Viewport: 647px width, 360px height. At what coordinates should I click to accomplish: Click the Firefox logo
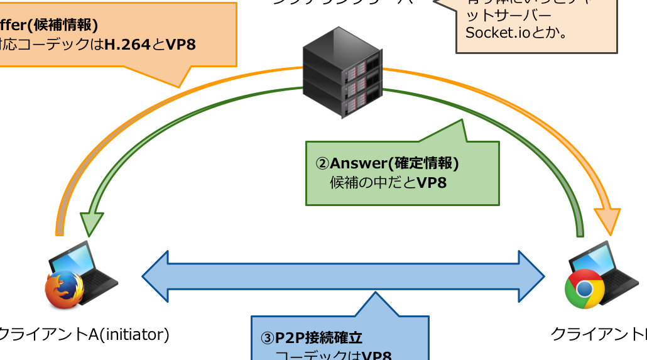pos(64,290)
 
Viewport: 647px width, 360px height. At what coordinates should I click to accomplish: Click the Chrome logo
pos(584,289)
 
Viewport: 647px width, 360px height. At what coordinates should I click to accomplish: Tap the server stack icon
pos(342,72)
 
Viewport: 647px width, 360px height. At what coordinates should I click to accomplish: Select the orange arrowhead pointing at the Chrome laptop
pos(607,222)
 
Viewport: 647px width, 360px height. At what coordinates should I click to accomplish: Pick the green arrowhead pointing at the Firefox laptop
pos(92,224)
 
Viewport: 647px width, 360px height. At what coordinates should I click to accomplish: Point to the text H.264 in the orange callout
pos(128,45)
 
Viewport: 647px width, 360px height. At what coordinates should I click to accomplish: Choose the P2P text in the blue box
pos(290,338)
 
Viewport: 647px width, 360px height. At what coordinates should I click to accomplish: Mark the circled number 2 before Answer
pos(322,164)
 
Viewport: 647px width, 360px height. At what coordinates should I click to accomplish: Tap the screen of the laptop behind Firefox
pos(74,258)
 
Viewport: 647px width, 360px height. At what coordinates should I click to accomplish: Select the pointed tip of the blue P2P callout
pos(375,293)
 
